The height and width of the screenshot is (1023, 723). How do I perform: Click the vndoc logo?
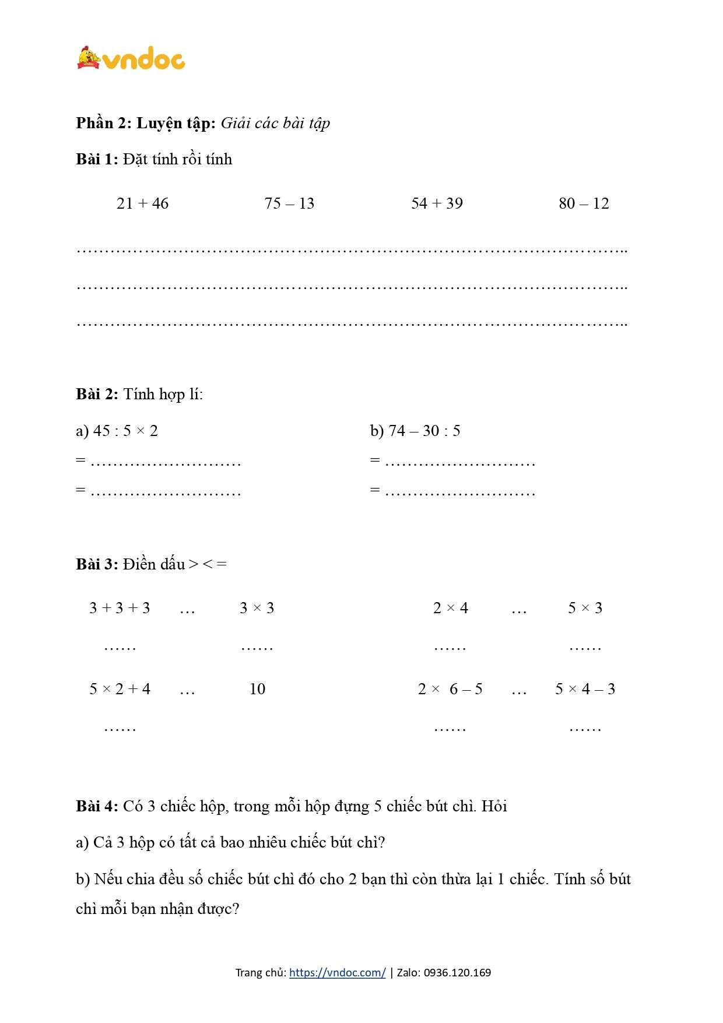tap(131, 59)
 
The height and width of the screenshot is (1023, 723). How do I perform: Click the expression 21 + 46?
tap(142, 203)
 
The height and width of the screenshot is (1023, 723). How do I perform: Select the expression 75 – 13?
tap(289, 203)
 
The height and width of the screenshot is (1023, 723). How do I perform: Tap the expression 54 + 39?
tap(437, 203)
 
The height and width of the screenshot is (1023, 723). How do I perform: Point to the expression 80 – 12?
tap(584, 203)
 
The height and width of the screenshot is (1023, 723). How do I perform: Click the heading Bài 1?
tap(97, 159)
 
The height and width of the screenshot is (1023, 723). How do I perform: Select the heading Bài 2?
tap(97, 394)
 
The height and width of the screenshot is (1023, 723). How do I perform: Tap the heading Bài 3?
tap(97, 564)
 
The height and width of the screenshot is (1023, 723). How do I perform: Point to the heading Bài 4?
tap(97, 806)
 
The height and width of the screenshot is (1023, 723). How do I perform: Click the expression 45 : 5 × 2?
tap(125, 431)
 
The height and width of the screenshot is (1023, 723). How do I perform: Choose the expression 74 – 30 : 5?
tap(424, 431)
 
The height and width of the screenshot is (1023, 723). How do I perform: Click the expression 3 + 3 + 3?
tap(120, 608)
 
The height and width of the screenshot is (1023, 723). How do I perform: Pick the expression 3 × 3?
tap(257, 608)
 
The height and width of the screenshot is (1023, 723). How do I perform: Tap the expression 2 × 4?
tap(450, 608)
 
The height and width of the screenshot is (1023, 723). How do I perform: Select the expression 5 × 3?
tap(585, 608)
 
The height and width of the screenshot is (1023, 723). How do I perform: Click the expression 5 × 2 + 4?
tap(120, 689)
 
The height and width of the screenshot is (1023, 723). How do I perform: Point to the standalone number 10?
tap(257, 689)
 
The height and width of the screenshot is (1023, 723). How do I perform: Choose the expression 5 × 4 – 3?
tap(585, 689)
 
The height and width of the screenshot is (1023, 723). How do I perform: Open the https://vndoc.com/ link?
tap(337, 972)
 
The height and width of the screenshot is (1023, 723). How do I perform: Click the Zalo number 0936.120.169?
tap(457, 972)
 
